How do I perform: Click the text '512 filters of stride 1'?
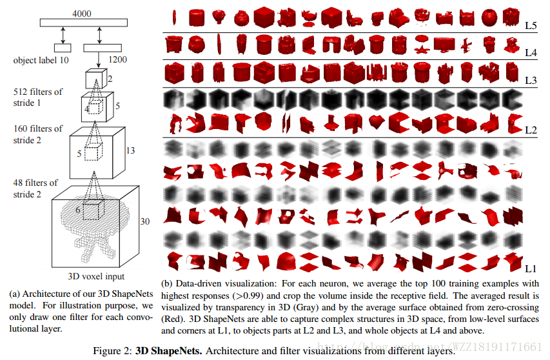pyautogui.click(x=38, y=97)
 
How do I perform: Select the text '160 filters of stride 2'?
pyautogui.click(x=38, y=134)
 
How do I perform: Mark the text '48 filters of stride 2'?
pyautogui.click(x=36, y=188)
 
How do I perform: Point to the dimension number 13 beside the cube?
pyautogui.click(x=130, y=150)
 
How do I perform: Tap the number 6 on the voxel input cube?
pyautogui.click(x=78, y=210)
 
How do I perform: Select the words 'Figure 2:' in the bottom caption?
pyautogui.click(x=113, y=352)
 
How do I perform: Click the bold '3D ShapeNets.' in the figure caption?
pyautogui.click(x=166, y=352)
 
